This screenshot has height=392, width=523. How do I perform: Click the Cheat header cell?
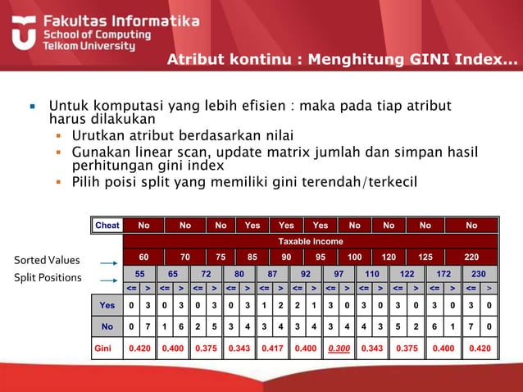(x=107, y=226)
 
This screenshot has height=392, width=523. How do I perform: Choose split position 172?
(x=443, y=273)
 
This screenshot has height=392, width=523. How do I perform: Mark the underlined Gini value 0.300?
(x=339, y=348)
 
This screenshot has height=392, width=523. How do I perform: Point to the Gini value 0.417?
(x=272, y=348)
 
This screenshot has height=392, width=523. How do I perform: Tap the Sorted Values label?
(x=47, y=261)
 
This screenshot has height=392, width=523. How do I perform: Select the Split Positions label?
(x=48, y=278)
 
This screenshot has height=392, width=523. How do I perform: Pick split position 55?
(x=140, y=273)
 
